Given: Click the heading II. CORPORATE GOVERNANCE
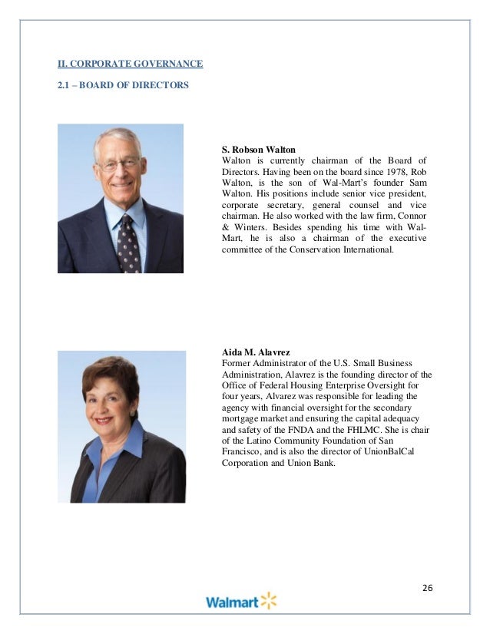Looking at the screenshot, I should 131,63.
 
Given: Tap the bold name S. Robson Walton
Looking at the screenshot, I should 258,149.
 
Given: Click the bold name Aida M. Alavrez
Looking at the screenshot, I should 256,352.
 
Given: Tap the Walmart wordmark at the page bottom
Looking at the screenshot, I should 231,603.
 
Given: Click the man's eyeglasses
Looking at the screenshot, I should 120,163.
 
